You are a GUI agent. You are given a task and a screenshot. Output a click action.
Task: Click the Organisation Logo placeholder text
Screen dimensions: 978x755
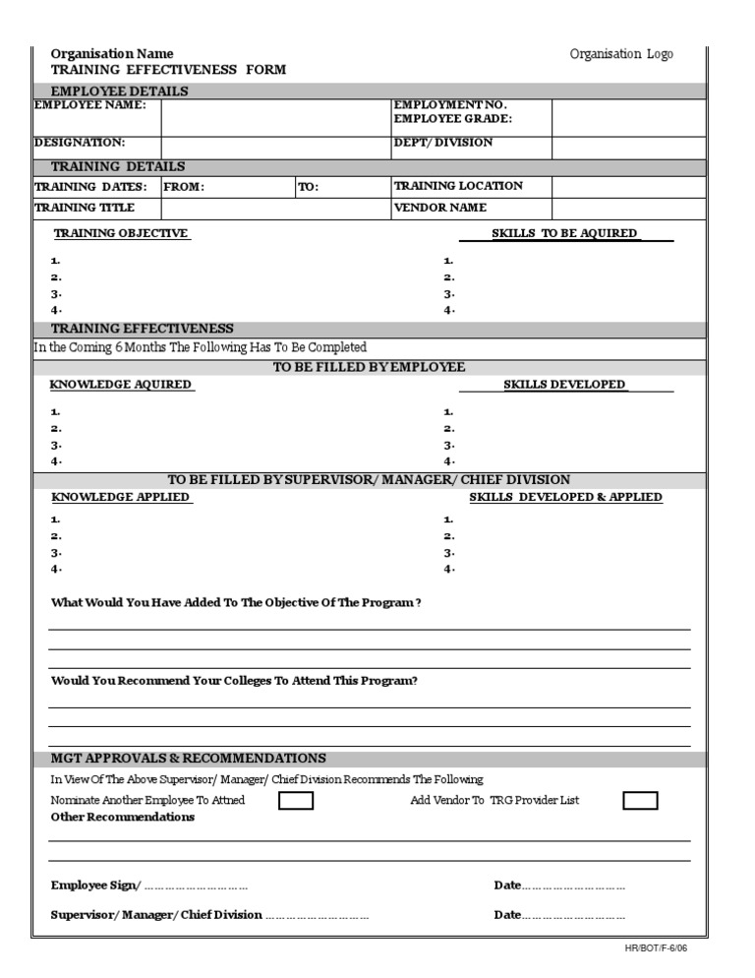click(621, 54)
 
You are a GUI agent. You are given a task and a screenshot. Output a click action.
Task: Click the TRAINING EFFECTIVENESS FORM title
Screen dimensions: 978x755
click(168, 70)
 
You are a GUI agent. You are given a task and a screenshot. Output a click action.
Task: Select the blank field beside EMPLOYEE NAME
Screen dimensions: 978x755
click(276, 117)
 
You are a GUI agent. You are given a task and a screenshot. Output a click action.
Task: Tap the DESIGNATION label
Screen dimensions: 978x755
click(80, 143)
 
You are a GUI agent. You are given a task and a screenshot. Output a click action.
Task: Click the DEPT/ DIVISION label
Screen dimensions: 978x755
click(443, 143)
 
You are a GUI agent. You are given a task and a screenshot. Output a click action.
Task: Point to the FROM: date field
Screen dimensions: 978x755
click(228, 187)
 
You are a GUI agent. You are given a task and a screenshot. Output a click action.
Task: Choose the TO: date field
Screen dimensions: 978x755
click(341, 187)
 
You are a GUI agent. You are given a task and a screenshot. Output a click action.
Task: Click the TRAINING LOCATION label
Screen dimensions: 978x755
click(458, 186)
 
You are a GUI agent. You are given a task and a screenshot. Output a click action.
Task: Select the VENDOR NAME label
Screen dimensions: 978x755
click(440, 209)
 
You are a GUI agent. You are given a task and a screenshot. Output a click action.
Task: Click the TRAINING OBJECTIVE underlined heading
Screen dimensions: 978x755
click(121, 233)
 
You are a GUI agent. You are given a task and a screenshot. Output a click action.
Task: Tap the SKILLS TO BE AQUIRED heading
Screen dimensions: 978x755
click(565, 233)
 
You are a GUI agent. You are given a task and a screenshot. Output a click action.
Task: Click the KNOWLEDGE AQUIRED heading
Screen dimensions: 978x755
click(121, 385)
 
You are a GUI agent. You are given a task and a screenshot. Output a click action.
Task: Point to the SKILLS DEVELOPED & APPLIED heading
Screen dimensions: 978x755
click(565, 498)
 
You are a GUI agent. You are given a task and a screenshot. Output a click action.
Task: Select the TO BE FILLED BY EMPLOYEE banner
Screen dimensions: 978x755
click(369, 367)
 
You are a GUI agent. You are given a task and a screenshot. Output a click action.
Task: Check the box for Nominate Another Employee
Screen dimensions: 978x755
click(296, 801)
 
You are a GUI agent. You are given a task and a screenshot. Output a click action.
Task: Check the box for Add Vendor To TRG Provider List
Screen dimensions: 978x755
click(640, 801)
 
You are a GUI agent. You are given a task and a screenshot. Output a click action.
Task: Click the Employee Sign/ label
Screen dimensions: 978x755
click(95, 886)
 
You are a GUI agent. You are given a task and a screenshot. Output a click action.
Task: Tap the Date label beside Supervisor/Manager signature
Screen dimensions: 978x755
click(507, 915)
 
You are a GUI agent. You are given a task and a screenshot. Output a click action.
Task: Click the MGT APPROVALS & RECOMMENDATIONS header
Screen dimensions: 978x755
click(188, 759)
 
